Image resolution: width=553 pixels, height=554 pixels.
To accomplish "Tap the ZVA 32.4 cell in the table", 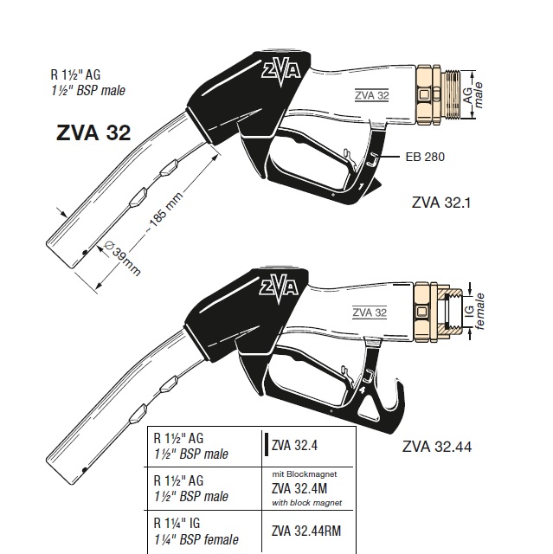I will tap(297, 447).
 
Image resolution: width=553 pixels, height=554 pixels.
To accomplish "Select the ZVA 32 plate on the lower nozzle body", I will tap(370, 312).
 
